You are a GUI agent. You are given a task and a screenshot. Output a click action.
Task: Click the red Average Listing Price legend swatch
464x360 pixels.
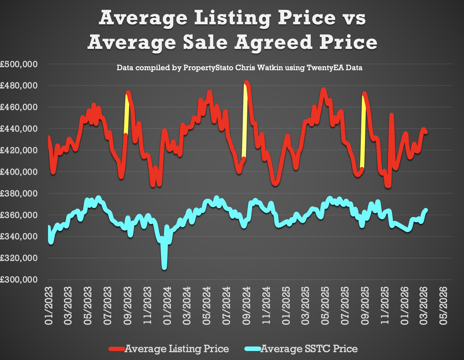pyautogui.click(x=117, y=349)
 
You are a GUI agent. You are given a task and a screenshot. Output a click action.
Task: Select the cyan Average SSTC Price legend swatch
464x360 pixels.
pyautogui.click(x=253, y=349)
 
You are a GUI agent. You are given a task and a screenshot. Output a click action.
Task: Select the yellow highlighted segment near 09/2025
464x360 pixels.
pyautogui.click(x=363, y=132)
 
